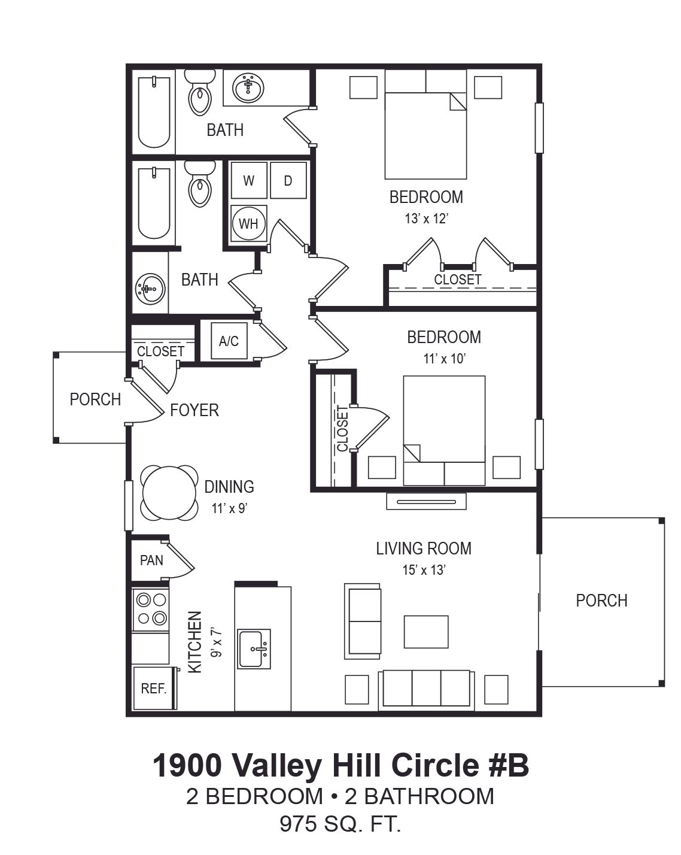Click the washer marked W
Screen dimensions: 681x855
click(x=248, y=180)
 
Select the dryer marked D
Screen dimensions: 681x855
click(x=288, y=180)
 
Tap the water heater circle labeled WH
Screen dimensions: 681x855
click(x=248, y=224)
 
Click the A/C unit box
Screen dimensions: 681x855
click(x=229, y=341)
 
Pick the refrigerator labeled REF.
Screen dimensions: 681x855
click(x=154, y=688)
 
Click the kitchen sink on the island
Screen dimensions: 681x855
click(x=254, y=649)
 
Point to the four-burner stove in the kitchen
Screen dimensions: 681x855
click(x=150, y=608)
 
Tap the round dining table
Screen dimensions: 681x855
click(x=169, y=493)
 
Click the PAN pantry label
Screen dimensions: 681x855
click(x=151, y=560)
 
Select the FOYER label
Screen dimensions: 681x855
click(x=194, y=410)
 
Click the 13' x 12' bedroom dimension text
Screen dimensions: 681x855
click(x=427, y=219)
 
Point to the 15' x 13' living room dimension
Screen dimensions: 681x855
click(x=424, y=570)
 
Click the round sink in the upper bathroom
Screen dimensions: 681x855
click(x=248, y=87)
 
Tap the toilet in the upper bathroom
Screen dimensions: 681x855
click(x=200, y=93)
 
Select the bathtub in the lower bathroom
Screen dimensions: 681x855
click(x=154, y=204)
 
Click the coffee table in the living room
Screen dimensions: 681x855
click(x=426, y=632)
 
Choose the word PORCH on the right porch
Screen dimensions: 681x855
click(x=601, y=601)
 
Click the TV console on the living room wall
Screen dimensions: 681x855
click(x=426, y=501)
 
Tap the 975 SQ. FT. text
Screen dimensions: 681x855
click(x=340, y=823)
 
